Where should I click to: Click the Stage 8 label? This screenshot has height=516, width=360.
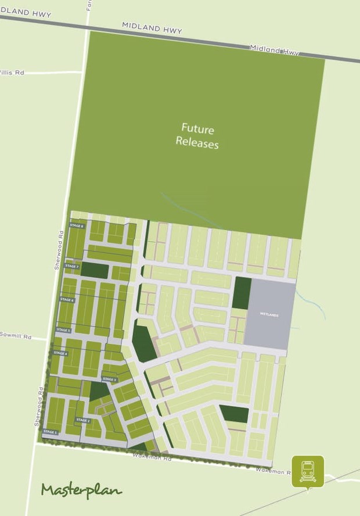77,226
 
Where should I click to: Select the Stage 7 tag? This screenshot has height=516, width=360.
71,266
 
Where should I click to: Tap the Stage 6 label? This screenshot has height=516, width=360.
67,300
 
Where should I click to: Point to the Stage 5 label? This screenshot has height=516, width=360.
63,330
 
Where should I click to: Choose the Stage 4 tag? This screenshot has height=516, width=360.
60,353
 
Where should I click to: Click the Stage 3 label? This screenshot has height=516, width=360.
109,379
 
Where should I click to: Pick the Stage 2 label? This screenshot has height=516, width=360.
83,420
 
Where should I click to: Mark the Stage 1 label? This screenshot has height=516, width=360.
51,432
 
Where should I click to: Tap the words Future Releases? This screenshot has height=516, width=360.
197,135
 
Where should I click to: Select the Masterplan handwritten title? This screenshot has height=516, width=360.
81,490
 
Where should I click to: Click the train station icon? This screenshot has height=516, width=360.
308,471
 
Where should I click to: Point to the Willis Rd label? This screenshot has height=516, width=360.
12,73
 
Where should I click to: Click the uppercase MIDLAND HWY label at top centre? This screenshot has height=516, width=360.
152,27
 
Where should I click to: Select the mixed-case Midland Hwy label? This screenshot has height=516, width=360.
274,50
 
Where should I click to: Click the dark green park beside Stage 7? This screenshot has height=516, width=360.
98,270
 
